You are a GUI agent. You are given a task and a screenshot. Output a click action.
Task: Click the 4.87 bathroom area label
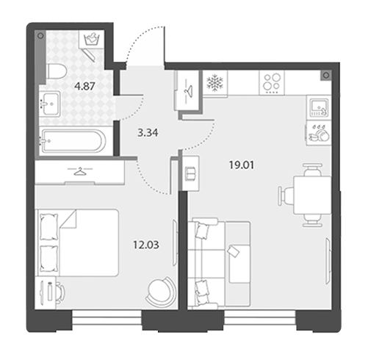[84, 86]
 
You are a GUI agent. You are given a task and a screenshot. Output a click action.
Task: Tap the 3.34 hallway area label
[148, 133]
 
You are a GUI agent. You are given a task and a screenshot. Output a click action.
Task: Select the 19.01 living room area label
[242, 165]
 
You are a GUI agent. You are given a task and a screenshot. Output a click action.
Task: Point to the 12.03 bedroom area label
[146, 245]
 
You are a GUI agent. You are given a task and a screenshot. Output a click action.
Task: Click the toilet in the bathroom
[57, 71]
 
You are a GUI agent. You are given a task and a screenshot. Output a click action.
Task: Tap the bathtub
[73, 141]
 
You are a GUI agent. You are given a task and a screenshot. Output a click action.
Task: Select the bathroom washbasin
[50, 104]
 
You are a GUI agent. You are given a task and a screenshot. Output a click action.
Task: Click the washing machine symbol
[92, 39]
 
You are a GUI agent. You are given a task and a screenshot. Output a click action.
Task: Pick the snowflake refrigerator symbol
[215, 83]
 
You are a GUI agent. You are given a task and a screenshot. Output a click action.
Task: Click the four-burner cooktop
[272, 82]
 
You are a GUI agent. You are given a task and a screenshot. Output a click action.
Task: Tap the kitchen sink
[319, 107]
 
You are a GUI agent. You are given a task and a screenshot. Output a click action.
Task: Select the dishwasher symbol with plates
[319, 133]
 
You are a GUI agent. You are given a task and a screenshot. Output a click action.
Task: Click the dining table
[313, 195]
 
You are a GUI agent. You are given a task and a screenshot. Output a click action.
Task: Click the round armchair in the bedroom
[161, 292]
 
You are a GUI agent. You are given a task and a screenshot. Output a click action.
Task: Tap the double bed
[78, 242]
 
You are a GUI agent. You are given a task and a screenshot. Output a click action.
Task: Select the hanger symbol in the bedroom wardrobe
[80, 170]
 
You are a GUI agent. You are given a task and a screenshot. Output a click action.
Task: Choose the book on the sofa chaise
[234, 251]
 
